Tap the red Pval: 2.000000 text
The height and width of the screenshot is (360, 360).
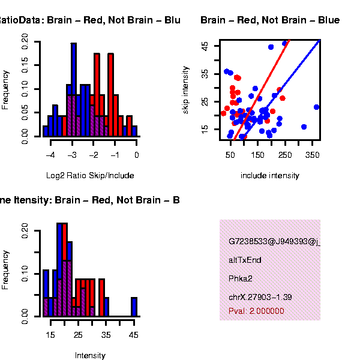point(256,311)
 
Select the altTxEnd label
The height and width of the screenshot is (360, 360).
point(245,260)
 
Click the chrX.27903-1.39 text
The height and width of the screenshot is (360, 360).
point(260,297)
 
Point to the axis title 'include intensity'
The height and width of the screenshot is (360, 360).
point(269,176)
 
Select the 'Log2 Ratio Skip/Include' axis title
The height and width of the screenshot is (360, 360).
point(90,176)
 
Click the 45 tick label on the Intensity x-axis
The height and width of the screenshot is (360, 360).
point(134,334)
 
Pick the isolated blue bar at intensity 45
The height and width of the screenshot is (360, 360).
point(134,307)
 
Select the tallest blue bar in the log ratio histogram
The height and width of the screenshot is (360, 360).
point(74,89)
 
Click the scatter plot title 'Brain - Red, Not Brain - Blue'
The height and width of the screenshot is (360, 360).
point(270,20)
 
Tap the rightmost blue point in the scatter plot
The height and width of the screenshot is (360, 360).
point(316,107)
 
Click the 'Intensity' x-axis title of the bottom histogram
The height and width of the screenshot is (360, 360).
point(90,355)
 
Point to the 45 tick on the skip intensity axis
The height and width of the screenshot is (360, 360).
point(205,46)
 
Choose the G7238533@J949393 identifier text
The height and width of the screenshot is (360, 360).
point(274,242)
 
